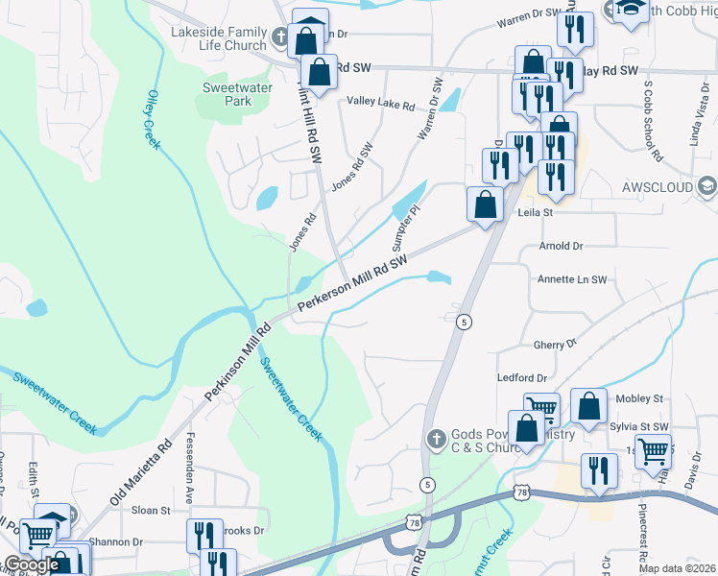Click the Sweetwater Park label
tap(237, 94)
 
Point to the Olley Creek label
tap(154, 120)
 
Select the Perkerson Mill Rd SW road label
tap(353, 282)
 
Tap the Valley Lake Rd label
tap(381, 103)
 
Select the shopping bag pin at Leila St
tap(486, 204)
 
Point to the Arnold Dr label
tap(562, 246)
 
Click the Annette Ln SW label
tap(573, 279)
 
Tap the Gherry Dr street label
tap(555, 343)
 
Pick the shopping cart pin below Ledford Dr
tap(541, 410)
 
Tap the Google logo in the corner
tap(32, 564)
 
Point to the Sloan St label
tap(151, 511)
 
